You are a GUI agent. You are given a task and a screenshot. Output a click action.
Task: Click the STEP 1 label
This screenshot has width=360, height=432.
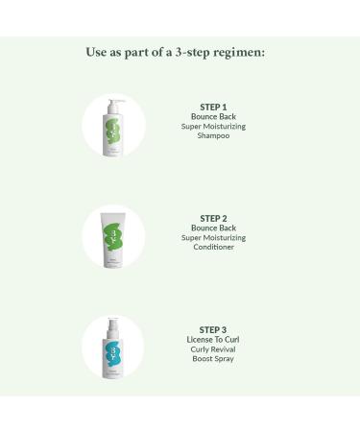coord(215,107)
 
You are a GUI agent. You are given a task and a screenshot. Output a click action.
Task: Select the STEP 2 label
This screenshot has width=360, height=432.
coord(215,218)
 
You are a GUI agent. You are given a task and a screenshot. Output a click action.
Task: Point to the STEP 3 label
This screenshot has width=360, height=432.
coord(215,329)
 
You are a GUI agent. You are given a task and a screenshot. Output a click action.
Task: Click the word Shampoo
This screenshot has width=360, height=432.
coord(215,135)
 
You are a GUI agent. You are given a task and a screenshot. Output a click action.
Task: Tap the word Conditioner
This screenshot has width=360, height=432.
coord(215,247)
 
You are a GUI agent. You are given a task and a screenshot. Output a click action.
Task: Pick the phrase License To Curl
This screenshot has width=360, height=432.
coord(215,339)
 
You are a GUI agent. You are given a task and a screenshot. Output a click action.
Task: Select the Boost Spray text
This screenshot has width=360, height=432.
coord(215,358)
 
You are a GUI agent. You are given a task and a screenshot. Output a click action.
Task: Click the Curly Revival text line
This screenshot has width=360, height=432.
coord(215,348)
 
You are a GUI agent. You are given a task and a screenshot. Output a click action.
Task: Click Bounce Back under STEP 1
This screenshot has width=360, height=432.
coord(215,116)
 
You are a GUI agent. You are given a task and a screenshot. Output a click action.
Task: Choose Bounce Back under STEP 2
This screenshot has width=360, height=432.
coord(215,228)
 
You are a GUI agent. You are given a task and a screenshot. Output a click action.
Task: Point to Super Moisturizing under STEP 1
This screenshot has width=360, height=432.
coord(215,126)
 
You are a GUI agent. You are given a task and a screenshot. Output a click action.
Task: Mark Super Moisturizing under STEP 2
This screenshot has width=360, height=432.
coord(215,237)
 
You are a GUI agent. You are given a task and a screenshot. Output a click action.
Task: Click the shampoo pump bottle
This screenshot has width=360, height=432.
coord(113,130)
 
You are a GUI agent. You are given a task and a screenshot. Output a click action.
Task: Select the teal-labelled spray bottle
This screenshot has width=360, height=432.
coord(113,350)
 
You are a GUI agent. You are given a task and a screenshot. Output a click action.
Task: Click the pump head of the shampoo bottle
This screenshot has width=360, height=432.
coord(112,100)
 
